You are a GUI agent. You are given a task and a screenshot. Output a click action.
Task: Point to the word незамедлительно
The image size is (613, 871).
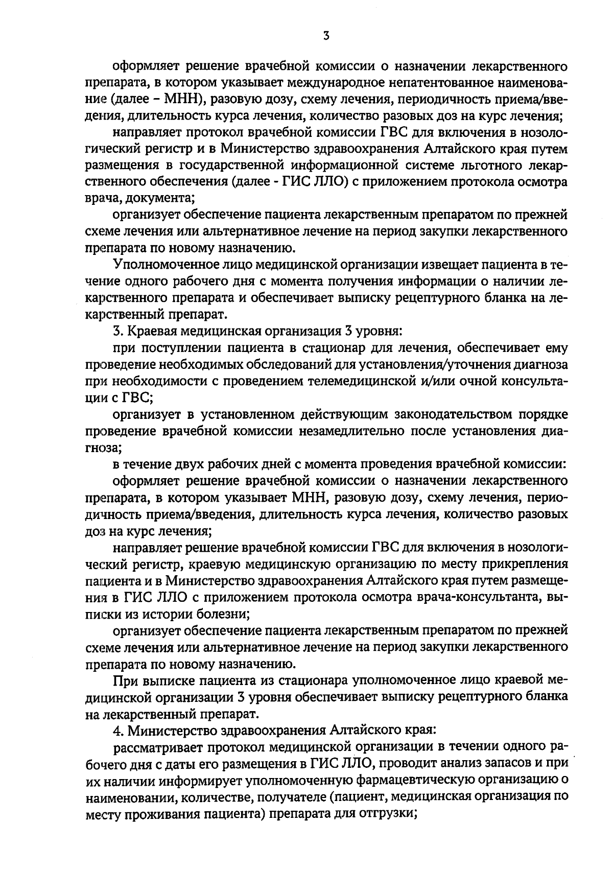353,431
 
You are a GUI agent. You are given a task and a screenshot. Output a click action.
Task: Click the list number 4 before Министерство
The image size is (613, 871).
117,730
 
